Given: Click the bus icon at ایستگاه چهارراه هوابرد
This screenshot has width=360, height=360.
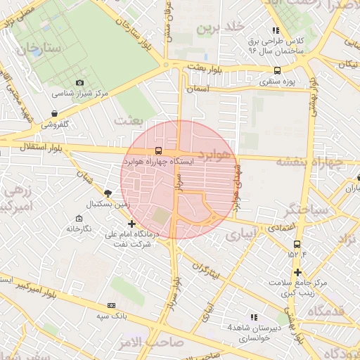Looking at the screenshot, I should point(157,150).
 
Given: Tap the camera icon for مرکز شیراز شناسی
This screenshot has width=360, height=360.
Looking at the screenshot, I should point(79,83).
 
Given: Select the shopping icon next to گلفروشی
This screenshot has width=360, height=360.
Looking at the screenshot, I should point(54,113).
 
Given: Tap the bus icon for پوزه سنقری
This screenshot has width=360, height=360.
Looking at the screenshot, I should point(277,70).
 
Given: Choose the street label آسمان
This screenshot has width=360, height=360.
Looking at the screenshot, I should point(200,90).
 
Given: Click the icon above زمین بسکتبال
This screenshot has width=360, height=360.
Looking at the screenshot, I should point(108,193).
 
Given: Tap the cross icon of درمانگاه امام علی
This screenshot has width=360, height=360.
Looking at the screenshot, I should point(131,224).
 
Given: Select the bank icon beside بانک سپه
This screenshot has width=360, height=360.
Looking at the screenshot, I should point(111,306).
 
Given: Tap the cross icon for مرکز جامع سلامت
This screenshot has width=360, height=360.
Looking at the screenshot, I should point(298,272).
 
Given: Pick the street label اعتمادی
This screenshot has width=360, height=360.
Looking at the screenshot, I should point(281,229).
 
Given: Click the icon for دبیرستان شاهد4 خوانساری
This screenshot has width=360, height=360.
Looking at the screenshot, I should point(254,317).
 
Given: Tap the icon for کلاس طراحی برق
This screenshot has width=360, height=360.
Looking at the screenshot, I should point(276,31).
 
